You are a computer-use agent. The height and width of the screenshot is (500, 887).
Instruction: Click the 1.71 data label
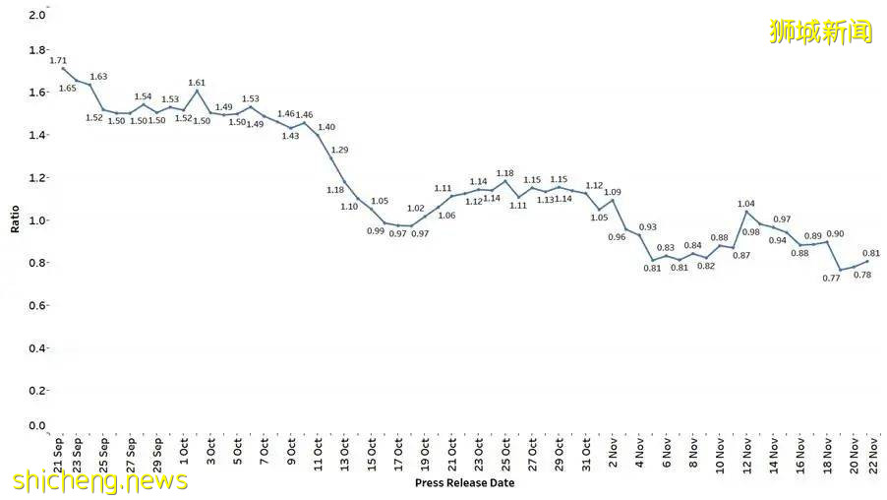point(59,60)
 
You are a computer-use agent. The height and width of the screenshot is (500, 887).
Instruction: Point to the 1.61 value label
point(197,83)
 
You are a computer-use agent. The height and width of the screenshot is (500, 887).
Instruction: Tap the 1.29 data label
point(339,150)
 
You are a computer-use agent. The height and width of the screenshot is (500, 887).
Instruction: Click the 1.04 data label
point(747,203)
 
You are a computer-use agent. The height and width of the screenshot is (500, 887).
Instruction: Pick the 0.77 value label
point(832,279)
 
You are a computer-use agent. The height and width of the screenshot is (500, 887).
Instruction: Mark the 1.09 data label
point(612,192)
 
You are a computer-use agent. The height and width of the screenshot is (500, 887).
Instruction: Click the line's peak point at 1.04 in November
point(746,212)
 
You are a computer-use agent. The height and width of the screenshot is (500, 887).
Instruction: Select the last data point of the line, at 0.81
point(867,261)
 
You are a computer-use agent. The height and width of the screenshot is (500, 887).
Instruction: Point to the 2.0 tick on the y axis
point(36,16)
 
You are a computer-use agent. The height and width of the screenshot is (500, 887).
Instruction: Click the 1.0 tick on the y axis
point(36,220)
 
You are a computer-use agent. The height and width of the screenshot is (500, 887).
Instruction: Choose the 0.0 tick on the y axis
point(36,426)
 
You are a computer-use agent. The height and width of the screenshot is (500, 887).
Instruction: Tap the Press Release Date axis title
point(464,483)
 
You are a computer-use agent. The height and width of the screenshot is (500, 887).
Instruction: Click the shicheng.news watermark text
point(100,480)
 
